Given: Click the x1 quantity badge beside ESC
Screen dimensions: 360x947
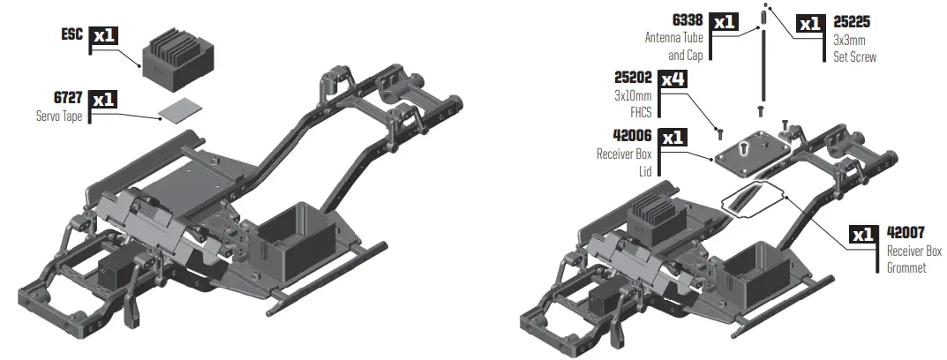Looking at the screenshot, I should pos(102,36).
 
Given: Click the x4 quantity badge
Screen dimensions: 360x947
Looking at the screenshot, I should pos(673,79).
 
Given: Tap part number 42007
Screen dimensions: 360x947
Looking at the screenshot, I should pos(907,234).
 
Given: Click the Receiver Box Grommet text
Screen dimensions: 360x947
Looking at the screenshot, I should pos(907,259).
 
